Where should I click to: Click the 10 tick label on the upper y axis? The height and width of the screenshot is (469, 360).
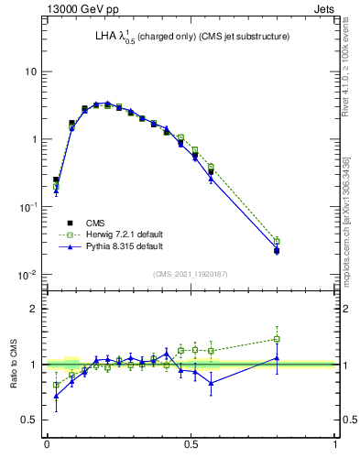[x=31, y=71]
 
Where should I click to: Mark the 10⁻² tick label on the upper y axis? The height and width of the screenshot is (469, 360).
[x=28, y=275]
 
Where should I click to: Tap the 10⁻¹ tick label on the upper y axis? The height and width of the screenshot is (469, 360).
[x=28, y=207]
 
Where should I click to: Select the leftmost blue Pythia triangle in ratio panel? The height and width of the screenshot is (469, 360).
[x=56, y=396]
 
